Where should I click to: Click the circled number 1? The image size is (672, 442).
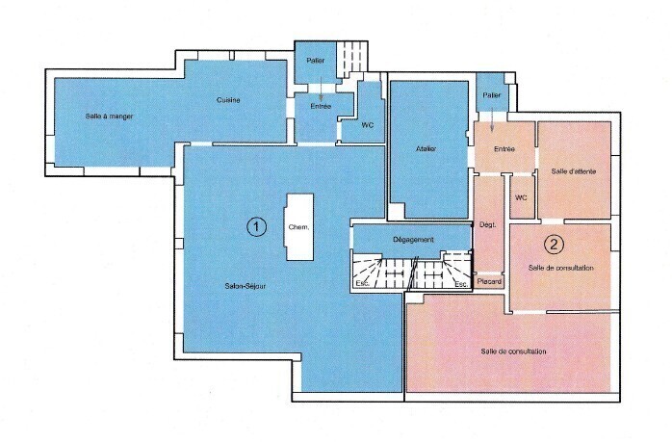tap(256, 226)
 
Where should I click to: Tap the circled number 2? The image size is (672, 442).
tap(554, 244)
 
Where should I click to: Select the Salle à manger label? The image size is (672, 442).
tap(109, 117)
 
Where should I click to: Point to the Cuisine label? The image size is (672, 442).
tap(228, 100)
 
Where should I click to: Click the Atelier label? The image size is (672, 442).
tap(426, 148)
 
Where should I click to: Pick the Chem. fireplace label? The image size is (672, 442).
tap(298, 227)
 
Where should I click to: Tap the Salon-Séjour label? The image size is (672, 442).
tap(246, 286)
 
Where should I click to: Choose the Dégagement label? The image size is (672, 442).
tap(413, 240)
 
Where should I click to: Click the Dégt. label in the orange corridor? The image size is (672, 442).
tap(488, 224)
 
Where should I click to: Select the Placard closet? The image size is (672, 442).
tap(489, 281)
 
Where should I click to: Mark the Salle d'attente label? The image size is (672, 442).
tap(574, 171)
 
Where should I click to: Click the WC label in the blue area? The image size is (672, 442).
tap(367, 125)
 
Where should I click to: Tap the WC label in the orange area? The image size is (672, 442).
tap(521, 197)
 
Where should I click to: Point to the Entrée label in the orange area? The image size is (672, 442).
tap(504, 148)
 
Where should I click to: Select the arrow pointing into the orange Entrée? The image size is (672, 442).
tap(492, 119)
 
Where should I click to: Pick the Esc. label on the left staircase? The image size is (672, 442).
tap(362, 283)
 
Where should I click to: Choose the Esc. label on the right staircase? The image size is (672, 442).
tap(461, 284)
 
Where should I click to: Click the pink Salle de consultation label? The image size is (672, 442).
tap(513, 351)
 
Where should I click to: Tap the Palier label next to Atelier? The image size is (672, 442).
tap(492, 95)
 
